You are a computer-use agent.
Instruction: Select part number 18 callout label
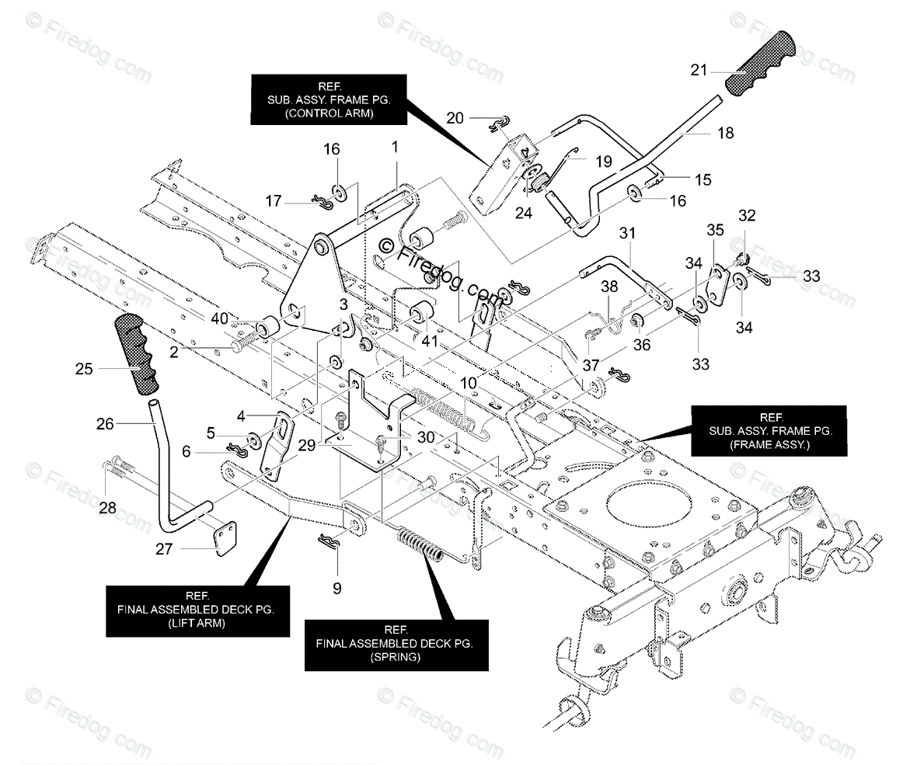(x=725, y=134)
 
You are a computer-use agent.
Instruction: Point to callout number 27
(x=164, y=549)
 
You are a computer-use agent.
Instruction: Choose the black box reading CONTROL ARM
(x=329, y=99)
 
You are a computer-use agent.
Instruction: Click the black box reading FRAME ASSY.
(x=772, y=431)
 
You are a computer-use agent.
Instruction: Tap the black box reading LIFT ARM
(x=197, y=610)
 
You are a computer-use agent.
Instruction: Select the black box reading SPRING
(x=396, y=644)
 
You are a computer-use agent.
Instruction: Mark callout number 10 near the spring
(x=469, y=384)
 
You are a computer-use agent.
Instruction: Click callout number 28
(x=107, y=507)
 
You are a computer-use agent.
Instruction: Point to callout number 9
(x=336, y=588)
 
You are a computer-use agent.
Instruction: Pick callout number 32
(x=747, y=216)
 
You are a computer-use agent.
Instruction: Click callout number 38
(x=609, y=287)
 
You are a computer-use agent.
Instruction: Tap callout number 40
(x=220, y=319)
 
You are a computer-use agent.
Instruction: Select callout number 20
(x=455, y=118)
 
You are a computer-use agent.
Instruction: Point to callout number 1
(x=395, y=147)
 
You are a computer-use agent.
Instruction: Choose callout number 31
(x=627, y=233)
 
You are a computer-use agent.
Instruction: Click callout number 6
(x=186, y=451)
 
